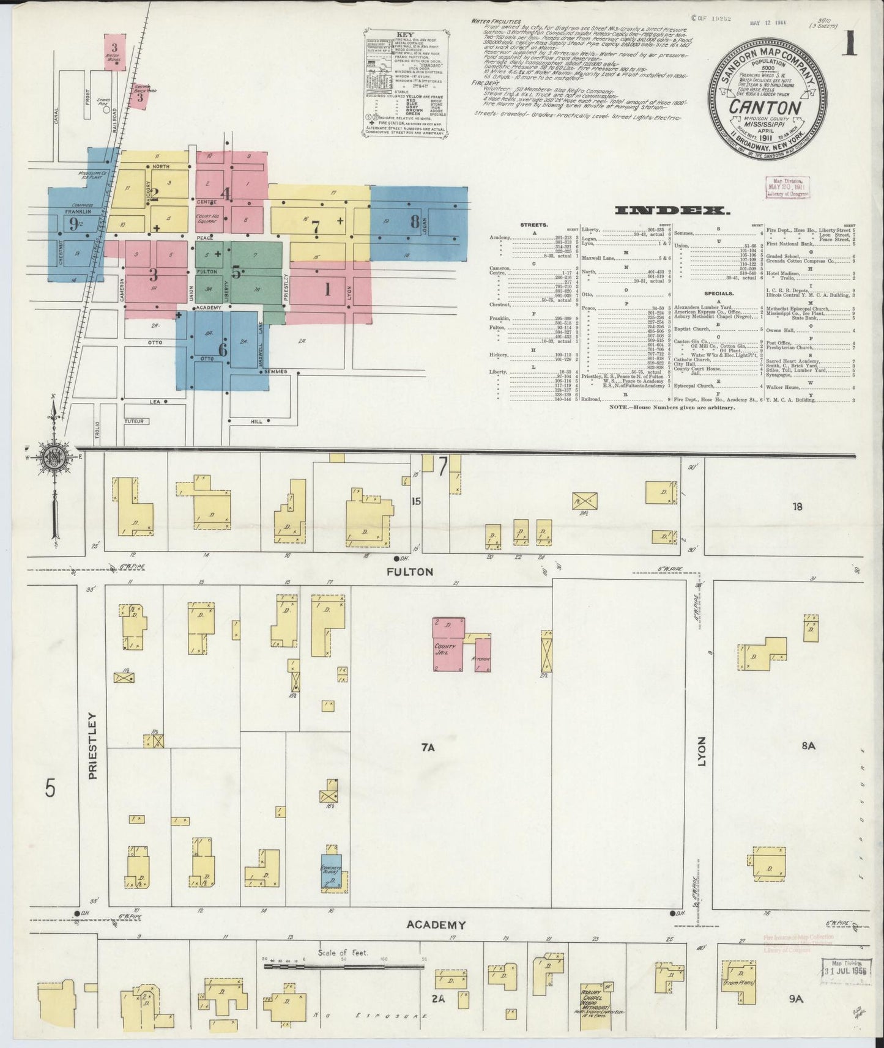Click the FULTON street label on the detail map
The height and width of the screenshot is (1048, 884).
(410, 572)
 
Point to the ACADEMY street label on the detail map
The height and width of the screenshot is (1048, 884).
(436, 924)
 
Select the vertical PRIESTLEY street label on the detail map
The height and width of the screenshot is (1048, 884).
(92, 745)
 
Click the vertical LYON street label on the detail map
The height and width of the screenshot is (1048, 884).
(701, 755)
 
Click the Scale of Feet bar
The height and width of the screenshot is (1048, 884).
(344, 967)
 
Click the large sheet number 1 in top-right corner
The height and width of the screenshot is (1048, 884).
(850, 46)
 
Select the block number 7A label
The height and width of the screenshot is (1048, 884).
(427, 747)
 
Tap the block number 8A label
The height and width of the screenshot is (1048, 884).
(808, 745)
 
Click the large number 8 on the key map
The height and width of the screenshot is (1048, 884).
(415, 221)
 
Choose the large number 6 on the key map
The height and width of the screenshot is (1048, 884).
(223, 350)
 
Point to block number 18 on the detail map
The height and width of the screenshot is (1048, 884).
(796, 506)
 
